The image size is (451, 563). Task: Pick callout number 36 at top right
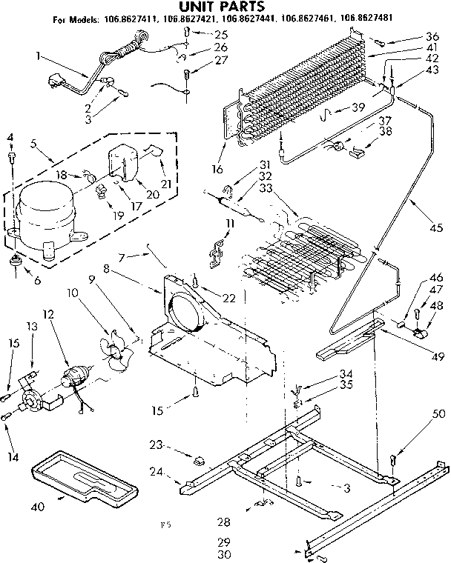point(432,37)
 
